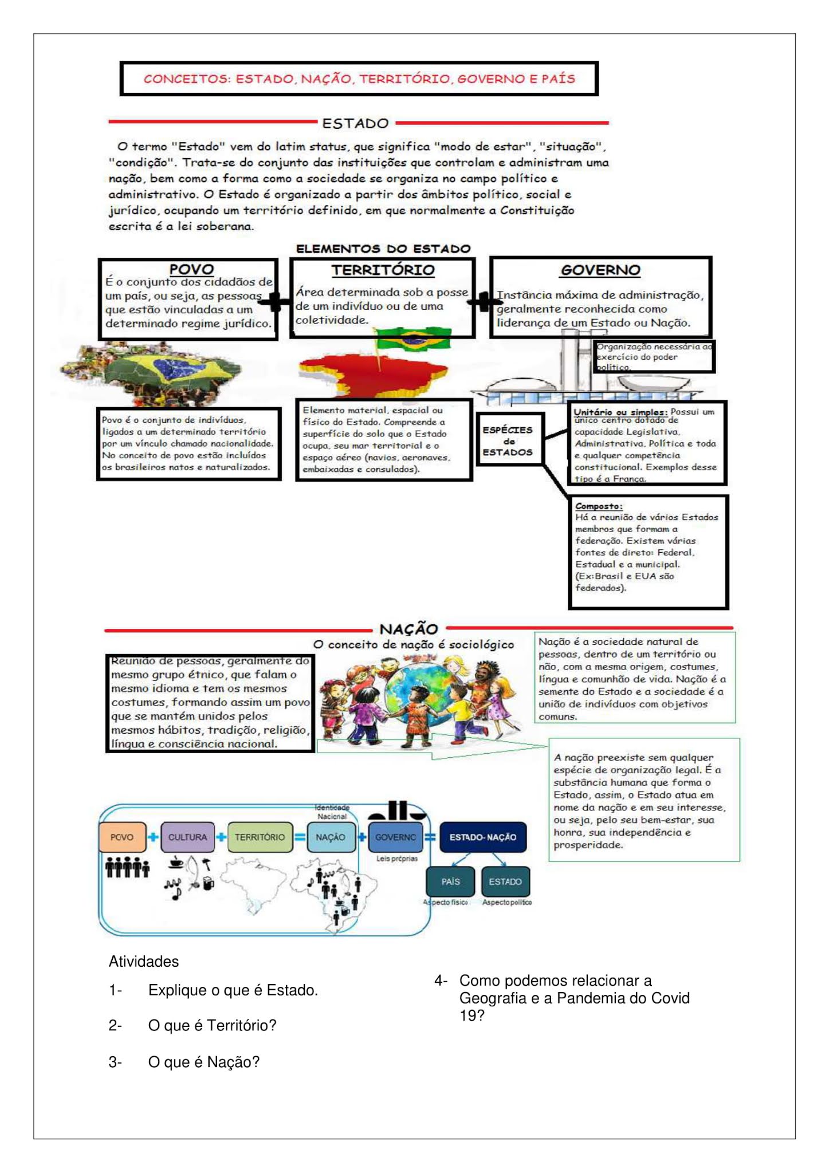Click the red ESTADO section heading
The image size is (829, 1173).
355,123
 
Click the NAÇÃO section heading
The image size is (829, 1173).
408,629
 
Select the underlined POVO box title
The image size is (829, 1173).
191,269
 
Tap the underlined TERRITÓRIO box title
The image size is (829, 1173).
383,270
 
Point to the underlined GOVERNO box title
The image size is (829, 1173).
600,270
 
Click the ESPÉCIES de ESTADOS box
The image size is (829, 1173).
508,440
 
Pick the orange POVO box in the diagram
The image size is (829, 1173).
122,837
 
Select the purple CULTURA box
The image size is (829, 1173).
187,837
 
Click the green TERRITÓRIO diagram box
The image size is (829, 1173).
260,837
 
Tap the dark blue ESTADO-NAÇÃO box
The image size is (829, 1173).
482,837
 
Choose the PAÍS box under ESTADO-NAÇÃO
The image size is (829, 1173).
450,881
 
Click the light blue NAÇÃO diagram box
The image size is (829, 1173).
331,837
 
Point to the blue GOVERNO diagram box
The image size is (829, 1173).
395,837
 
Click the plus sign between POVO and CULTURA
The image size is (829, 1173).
154,837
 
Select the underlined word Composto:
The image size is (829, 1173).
598,506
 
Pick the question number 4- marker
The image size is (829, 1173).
440,981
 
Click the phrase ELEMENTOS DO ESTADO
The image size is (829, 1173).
383,249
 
